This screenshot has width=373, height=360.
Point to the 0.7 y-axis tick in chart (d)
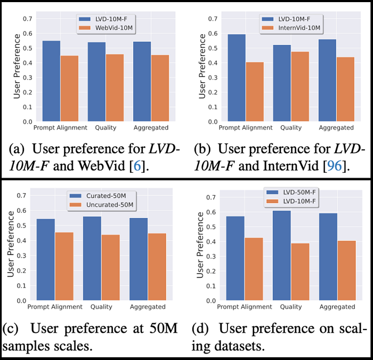click(x=210, y=197)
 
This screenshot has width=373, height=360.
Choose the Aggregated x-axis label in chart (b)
click(x=336, y=128)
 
